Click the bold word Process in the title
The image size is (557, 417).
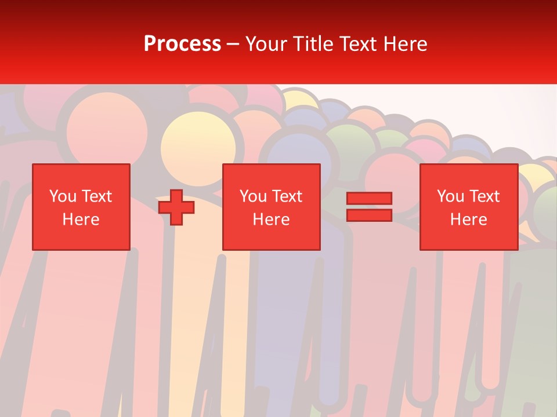coord(182,44)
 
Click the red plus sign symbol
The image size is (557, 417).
coord(176,207)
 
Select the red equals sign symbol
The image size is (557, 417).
coord(369,207)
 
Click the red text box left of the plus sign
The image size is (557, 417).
coord(81,207)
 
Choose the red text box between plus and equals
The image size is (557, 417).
coord(271,207)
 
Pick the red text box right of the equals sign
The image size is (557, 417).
coord(468,207)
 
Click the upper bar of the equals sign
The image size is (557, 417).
coord(369,198)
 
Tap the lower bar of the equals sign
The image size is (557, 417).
coord(369,215)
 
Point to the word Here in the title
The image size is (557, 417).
coord(404,44)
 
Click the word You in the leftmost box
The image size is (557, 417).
coord(63,196)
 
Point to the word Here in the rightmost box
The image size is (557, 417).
coord(468,220)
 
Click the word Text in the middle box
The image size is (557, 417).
coord(287,196)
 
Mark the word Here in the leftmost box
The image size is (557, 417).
coord(81,220)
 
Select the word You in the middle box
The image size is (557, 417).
coord(253,196)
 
